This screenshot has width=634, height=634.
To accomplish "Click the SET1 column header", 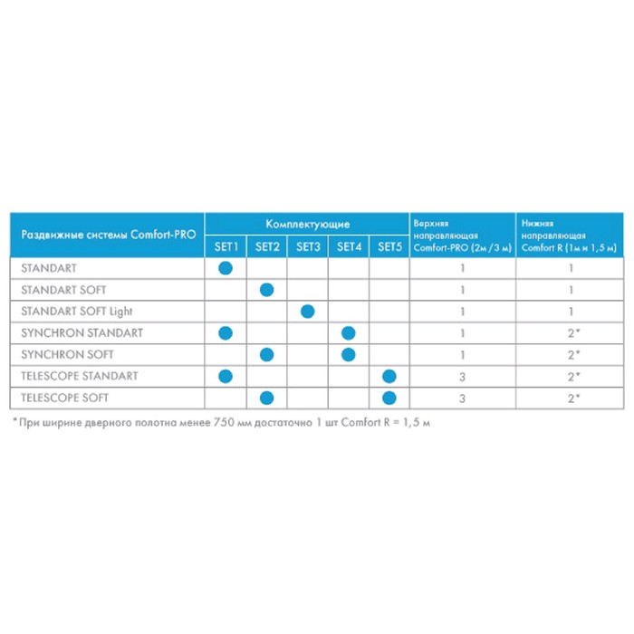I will pyautogui.click(x=226, y=246).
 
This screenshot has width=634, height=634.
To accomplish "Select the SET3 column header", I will pyautogui.click(x=308, y=246).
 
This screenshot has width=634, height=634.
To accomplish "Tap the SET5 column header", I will pyautogui.click(x=389, y=246).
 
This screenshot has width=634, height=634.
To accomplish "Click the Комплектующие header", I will pyautogui.click(x=307, y=224).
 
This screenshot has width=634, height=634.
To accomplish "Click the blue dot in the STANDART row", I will pyautogui.click(x=226, y=268).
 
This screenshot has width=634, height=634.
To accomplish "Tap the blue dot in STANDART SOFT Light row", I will pyautogui.click(x=307, y=312).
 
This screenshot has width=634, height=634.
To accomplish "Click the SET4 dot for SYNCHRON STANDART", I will pyautogui.click(x=349, y=333).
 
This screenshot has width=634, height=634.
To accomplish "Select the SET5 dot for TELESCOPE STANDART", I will pyautogui.click(x=389, y=376).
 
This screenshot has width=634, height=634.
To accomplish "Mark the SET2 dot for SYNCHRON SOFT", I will pyautogui.click(x=266, y=354).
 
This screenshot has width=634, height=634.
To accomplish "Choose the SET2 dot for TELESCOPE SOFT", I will pyautogui.click(x=266, y=397).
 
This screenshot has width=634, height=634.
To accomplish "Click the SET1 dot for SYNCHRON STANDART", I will pyautogui.click(x=226, y=333).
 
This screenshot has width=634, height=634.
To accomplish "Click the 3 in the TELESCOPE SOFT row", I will pyautogui.click(x=462, y=397).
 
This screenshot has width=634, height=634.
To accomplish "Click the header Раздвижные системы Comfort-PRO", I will pyautogui.click(x=108, y=235).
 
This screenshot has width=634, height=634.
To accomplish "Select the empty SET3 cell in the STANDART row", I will pyautogui.click(x=307, y=268).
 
